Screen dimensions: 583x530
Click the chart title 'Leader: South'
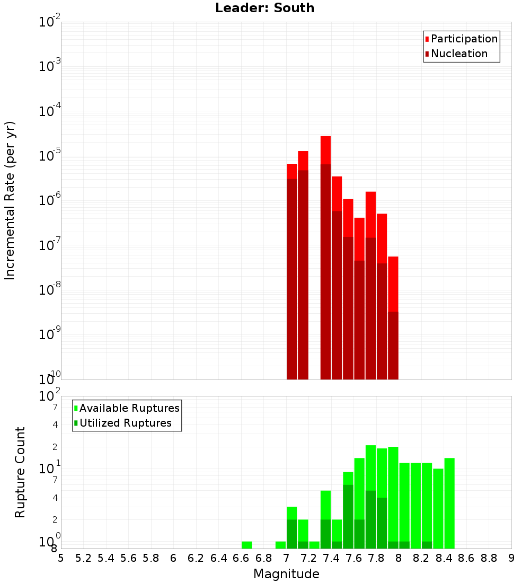pyautogui.click(x=264, y=8)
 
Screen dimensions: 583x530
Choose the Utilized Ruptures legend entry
pyautogui.click(x=125, y=423)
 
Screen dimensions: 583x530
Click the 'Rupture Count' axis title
pyautogui.click(x=20, y=472)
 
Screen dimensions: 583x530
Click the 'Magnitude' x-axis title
pyautogui.click(x=286, y=574)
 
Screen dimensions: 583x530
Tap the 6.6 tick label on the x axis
pyautogui.click(x=241, y=558)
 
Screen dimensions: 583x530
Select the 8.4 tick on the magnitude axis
pyautogui.click(x=444, y=558)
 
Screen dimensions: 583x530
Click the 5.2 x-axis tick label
pyautogui.click(x=83, y=558)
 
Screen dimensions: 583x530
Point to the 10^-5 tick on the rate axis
pyautogui.click(x=49, y=156)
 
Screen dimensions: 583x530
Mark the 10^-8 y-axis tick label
pyautogui.click(x=49, y=290)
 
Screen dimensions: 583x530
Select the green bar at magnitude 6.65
pyautogui.click(x=246, y=545)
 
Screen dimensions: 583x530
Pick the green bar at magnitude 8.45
pyautogui.click(x=449, y=503)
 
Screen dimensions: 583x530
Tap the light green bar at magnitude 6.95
pyautogui.click(x=280, y=545)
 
